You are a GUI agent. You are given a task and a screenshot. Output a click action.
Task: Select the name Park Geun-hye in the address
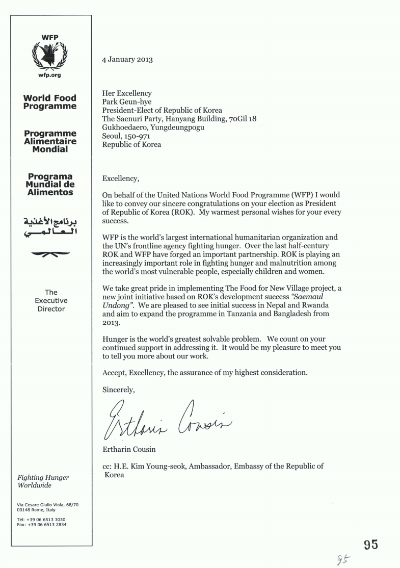tap(126, 102)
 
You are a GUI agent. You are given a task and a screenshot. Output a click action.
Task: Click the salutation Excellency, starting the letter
tap(120, 178)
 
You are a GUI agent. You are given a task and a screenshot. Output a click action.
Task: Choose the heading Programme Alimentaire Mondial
tap(50, 141)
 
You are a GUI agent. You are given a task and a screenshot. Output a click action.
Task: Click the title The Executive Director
tap(51, 301)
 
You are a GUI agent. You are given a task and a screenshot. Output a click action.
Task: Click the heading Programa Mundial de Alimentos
tap(50, 185)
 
